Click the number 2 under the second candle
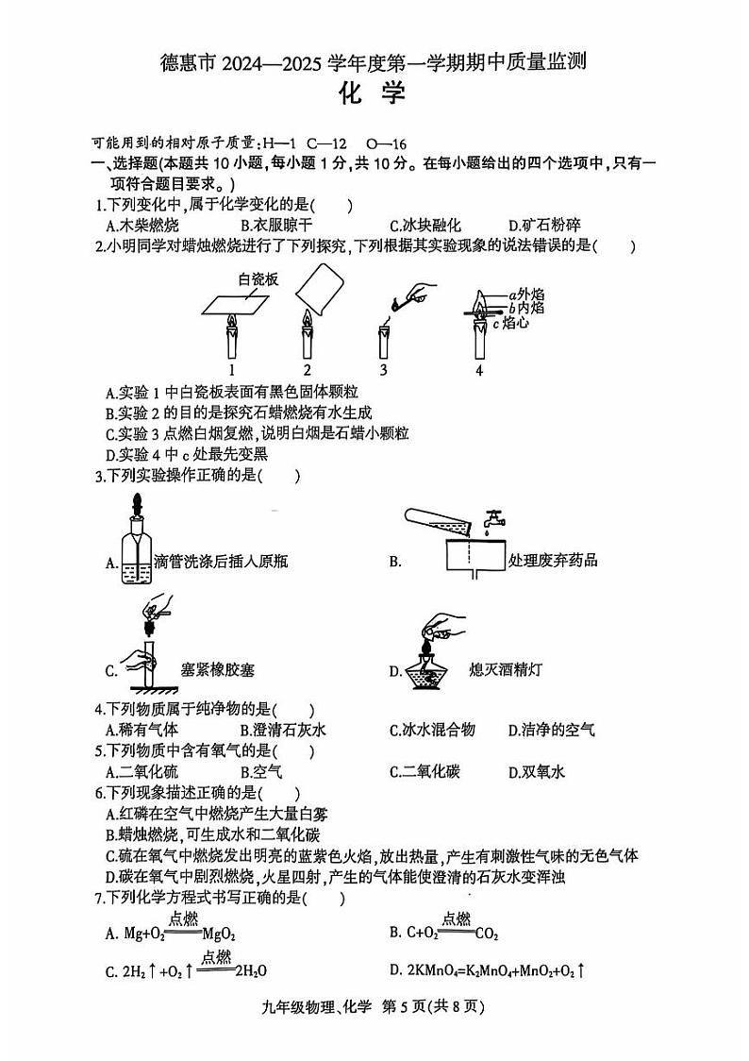[308, 369]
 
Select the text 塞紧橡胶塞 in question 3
[218, 671]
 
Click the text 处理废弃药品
[553, 561]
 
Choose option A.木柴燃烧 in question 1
[142, 225]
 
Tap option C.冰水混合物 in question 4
[432, 730]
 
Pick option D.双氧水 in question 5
[536, 772]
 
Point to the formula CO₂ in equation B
[487, 934]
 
